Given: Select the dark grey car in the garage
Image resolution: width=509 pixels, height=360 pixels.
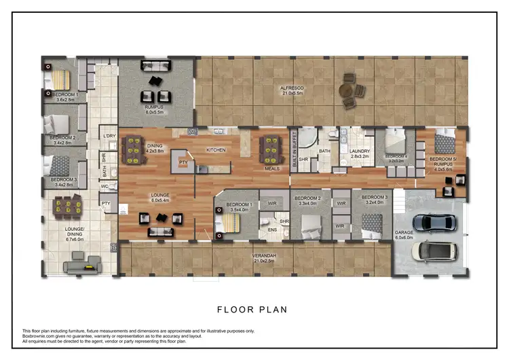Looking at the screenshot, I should (434, 222).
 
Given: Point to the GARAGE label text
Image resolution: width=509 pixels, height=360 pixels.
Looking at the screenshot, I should (404, 232).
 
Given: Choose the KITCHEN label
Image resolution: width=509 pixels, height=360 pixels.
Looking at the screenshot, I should (216, 149).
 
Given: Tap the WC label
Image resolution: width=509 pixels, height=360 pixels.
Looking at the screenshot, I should (105, 186).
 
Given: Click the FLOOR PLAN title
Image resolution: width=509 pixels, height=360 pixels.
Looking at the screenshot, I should (252, 310).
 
